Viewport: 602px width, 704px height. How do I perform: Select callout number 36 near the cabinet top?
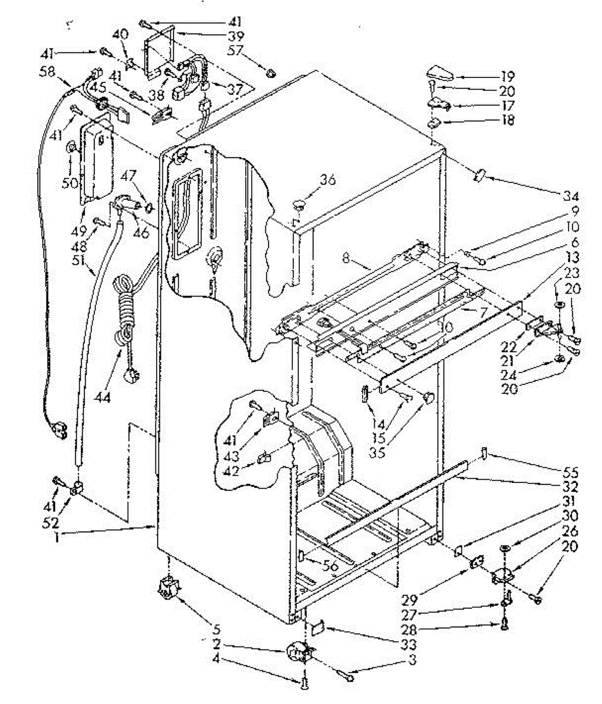click(327, 180)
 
